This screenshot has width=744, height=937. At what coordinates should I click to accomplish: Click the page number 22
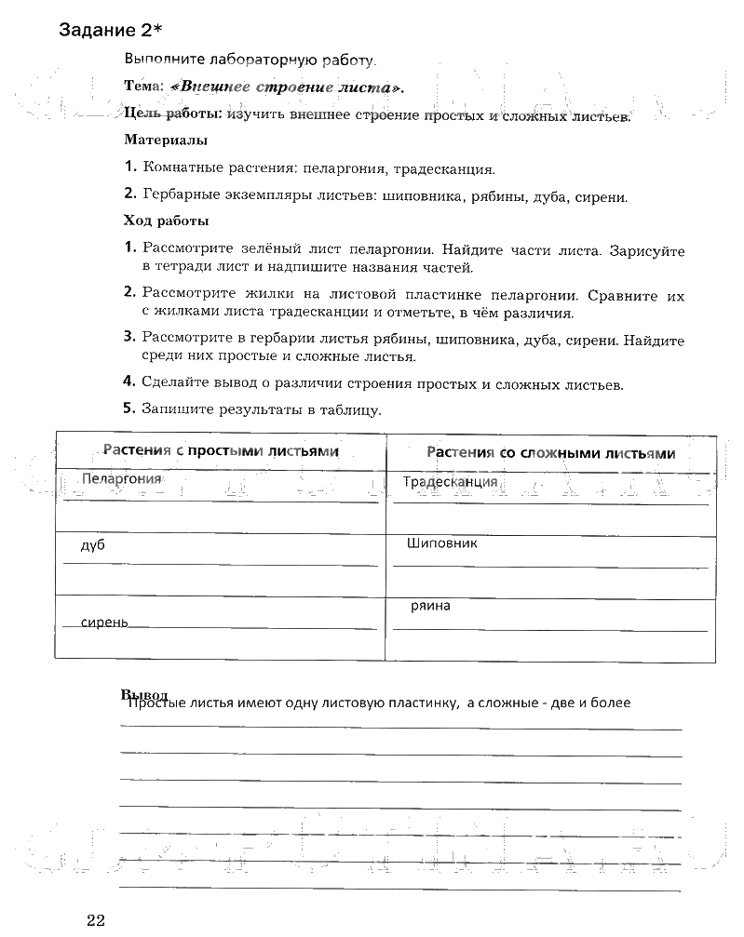pyautogui.click(x=98, y=921)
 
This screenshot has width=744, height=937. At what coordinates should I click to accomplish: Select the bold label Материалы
pyautogui.click(x=166, y=141)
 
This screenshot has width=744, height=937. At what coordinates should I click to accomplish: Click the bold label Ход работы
pyautogui.click(x=166, y=221)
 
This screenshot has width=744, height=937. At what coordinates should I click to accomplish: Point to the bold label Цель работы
pyautogui.click(x=173, y=114)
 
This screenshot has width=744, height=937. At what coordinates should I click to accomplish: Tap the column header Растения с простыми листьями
pyautogui.click(x=221, y=451)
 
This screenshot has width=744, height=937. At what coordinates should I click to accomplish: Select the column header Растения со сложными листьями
pyautogui.click(x=550, y=453)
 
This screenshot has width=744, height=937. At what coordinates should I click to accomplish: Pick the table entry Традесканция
pyautogui.click(x=451, y=482)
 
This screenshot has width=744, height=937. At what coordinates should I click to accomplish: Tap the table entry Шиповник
pyautogui.click(x=442, y=542)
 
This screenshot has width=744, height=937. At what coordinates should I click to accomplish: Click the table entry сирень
pyautogui.click(x=104, y=622)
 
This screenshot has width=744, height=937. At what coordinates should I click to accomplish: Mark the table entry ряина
pyautogui.click(x=430, y=606)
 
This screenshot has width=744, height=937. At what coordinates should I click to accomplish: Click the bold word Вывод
pyautogui.click(x=143, y=695)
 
